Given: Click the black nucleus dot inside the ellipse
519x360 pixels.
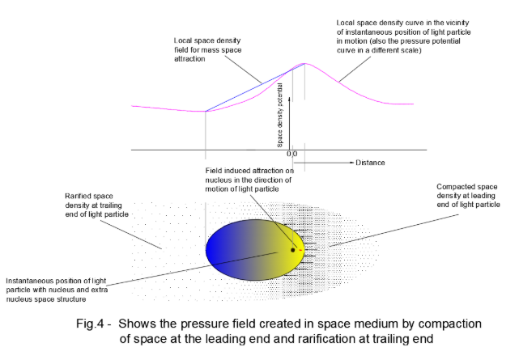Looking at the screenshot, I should pos(292,250).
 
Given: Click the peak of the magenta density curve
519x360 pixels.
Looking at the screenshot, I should pos(304,63).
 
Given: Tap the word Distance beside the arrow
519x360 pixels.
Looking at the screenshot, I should pos(370,163).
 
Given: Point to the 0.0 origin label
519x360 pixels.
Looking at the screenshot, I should pos(292,154).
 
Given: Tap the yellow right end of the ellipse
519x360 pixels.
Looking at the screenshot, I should pos(295,243).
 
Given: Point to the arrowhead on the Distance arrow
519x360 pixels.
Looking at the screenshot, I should pos(351,163).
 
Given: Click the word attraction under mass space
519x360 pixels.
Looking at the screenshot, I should pos(192,59).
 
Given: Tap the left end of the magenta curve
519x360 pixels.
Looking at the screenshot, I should pos(132,103).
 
